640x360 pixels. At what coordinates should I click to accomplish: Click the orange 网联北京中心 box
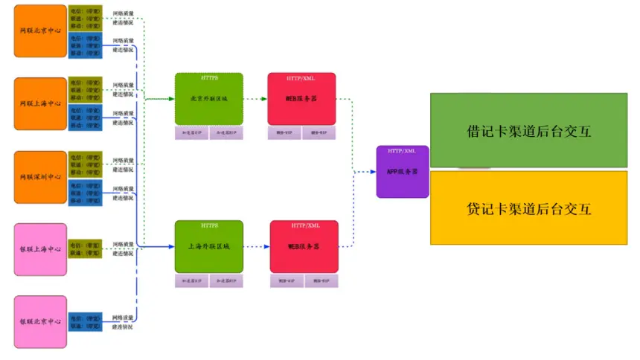(40, 30)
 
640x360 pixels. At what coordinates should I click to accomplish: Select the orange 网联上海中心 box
(40, 103)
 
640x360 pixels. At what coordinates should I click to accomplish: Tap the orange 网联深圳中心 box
(40, 177)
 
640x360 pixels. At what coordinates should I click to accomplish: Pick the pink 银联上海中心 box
(40, 249)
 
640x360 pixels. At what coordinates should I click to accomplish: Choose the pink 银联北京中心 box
(40, 321)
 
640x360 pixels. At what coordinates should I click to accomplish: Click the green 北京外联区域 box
(209, 99)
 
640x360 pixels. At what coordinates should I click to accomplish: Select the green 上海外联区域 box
(209, 246)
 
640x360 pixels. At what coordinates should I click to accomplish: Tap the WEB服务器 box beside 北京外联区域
(301, 99)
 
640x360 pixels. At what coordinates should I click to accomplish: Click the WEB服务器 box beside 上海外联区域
(304, 246)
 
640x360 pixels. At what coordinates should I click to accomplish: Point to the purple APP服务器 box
(403, 172)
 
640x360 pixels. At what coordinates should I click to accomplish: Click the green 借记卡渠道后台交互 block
(529, 130)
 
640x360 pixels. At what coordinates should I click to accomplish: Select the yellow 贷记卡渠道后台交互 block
(529, 208)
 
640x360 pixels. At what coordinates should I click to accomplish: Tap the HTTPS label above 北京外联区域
(209, 77)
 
